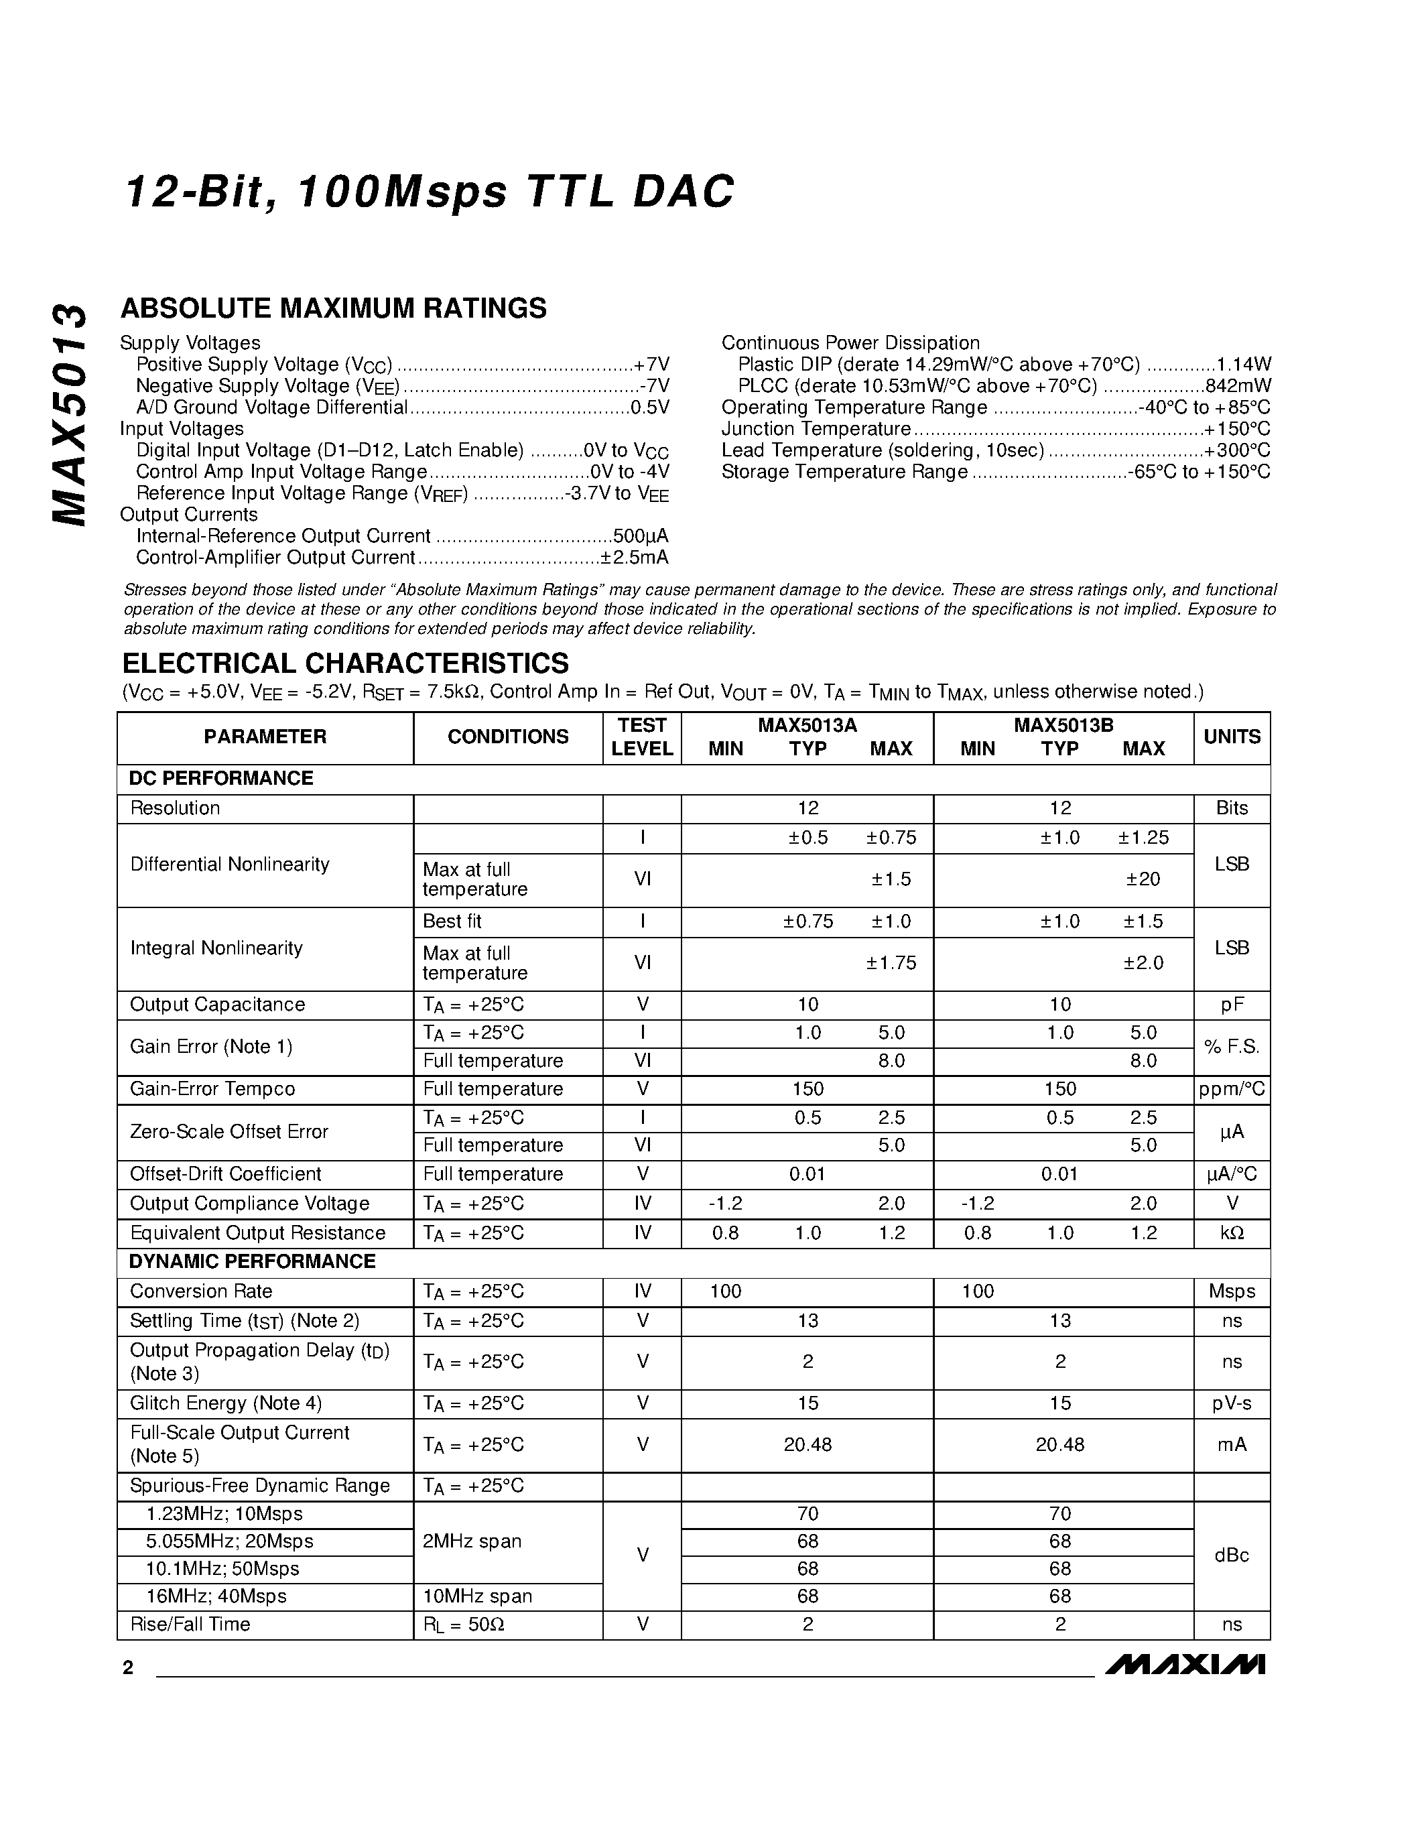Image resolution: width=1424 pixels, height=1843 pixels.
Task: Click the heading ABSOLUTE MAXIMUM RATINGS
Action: [x=333, y=309]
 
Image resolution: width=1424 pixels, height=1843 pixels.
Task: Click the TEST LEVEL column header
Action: [x=641, y=737]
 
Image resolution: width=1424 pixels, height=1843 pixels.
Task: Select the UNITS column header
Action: [x=1231, y=737]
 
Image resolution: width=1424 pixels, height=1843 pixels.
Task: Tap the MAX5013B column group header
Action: [x=1062, y=725]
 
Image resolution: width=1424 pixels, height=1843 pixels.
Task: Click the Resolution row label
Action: [x=175, y=808]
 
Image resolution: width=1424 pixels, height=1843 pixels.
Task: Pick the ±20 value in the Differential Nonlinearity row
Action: [x=1143, y=879]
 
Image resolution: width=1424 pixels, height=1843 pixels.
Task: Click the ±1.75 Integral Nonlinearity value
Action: [x=890, y=963]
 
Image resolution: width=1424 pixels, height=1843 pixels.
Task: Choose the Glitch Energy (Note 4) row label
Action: [x=225, y=1403]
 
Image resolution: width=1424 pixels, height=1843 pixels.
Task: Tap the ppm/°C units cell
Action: [x=1231, y=1090]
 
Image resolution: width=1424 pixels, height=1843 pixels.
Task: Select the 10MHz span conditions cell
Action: [x=476, y=1596]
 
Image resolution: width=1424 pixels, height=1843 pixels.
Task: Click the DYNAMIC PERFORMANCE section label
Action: [x=251, y=1261]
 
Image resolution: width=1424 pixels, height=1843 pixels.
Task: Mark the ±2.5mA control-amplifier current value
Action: [x=635, y=558]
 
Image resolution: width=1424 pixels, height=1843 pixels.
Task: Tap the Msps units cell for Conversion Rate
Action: [x=1231, y=1291]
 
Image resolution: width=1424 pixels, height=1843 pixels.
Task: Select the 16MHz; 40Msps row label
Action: [x=216, y=1596]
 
